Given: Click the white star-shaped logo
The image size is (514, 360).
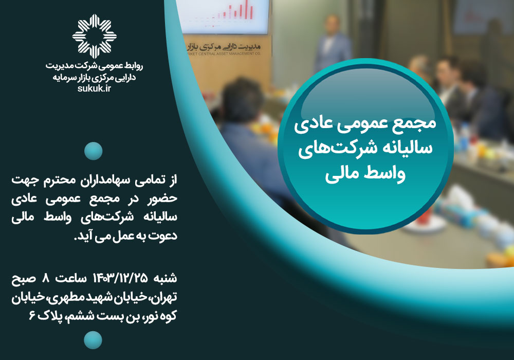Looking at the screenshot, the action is coord(95,36).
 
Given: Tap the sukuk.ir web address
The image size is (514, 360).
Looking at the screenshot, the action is coord(95,88).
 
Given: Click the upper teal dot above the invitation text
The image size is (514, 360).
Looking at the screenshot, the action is coord(94,151).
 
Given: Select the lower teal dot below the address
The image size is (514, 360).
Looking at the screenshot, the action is coord(93,340).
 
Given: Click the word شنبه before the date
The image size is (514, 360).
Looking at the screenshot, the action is coord(165,278).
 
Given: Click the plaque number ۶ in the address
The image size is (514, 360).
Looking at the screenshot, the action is coord(32,316).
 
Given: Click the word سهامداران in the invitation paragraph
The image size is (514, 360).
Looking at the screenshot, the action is coord(105,180).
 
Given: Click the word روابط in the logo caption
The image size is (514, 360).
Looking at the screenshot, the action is coord(134,66).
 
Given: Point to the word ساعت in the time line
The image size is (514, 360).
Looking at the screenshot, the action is coord(71,278).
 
